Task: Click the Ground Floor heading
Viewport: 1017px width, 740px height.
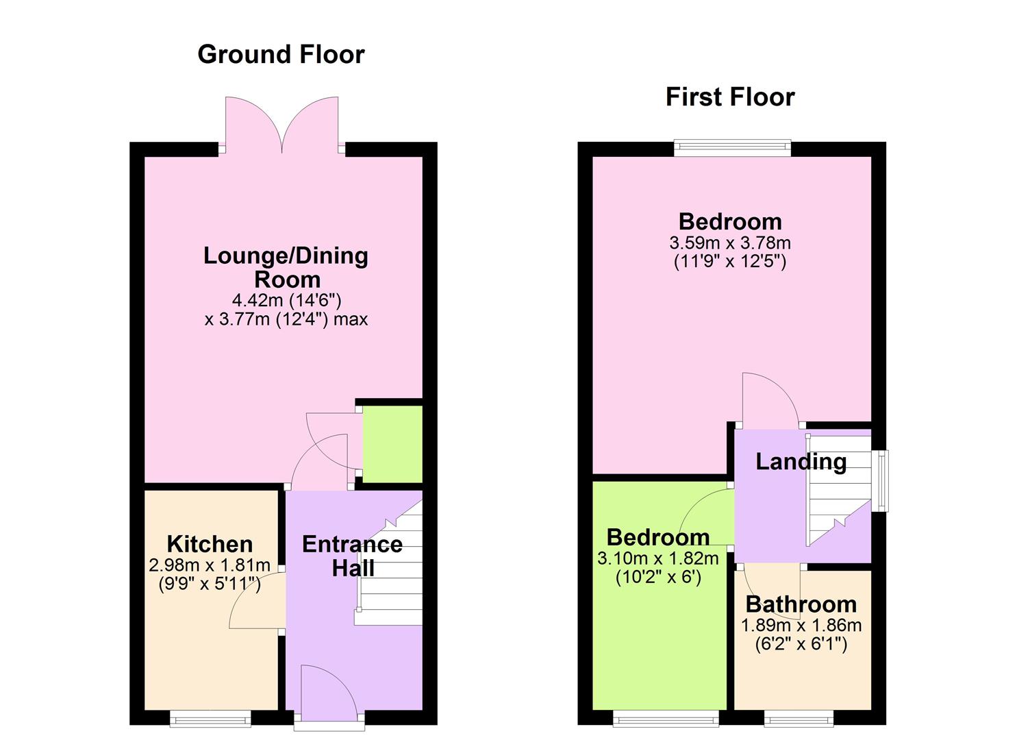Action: tap(281, 54)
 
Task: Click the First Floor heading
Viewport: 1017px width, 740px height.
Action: tap(729, 97)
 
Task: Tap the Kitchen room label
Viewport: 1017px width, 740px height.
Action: tap(210, 544)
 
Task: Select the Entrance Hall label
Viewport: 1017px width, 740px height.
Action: tap(352, 556)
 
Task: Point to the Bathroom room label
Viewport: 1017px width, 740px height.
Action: tap(801, 604)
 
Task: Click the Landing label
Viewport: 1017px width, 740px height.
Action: tap(800, 461)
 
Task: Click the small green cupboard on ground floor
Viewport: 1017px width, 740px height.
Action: tap(392, 444)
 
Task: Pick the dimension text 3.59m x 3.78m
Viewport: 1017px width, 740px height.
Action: tap(729, 243)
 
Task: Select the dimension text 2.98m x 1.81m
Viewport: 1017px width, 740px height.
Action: tap(209, 565)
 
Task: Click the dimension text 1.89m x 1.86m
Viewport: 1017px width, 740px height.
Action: tap(801, 625)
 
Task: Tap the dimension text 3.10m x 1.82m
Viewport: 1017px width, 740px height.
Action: tap(657, 558)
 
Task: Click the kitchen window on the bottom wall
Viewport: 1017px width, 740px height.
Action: tap(210, 718)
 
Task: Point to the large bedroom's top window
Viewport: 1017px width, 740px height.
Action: tap(732, 146)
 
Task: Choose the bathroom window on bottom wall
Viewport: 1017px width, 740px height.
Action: tap(799, 718)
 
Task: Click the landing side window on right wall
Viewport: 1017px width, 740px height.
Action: tap(881, 480)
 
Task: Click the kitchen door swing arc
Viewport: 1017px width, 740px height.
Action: tap(253, 603)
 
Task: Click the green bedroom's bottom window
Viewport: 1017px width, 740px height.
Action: tap(665, 718)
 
